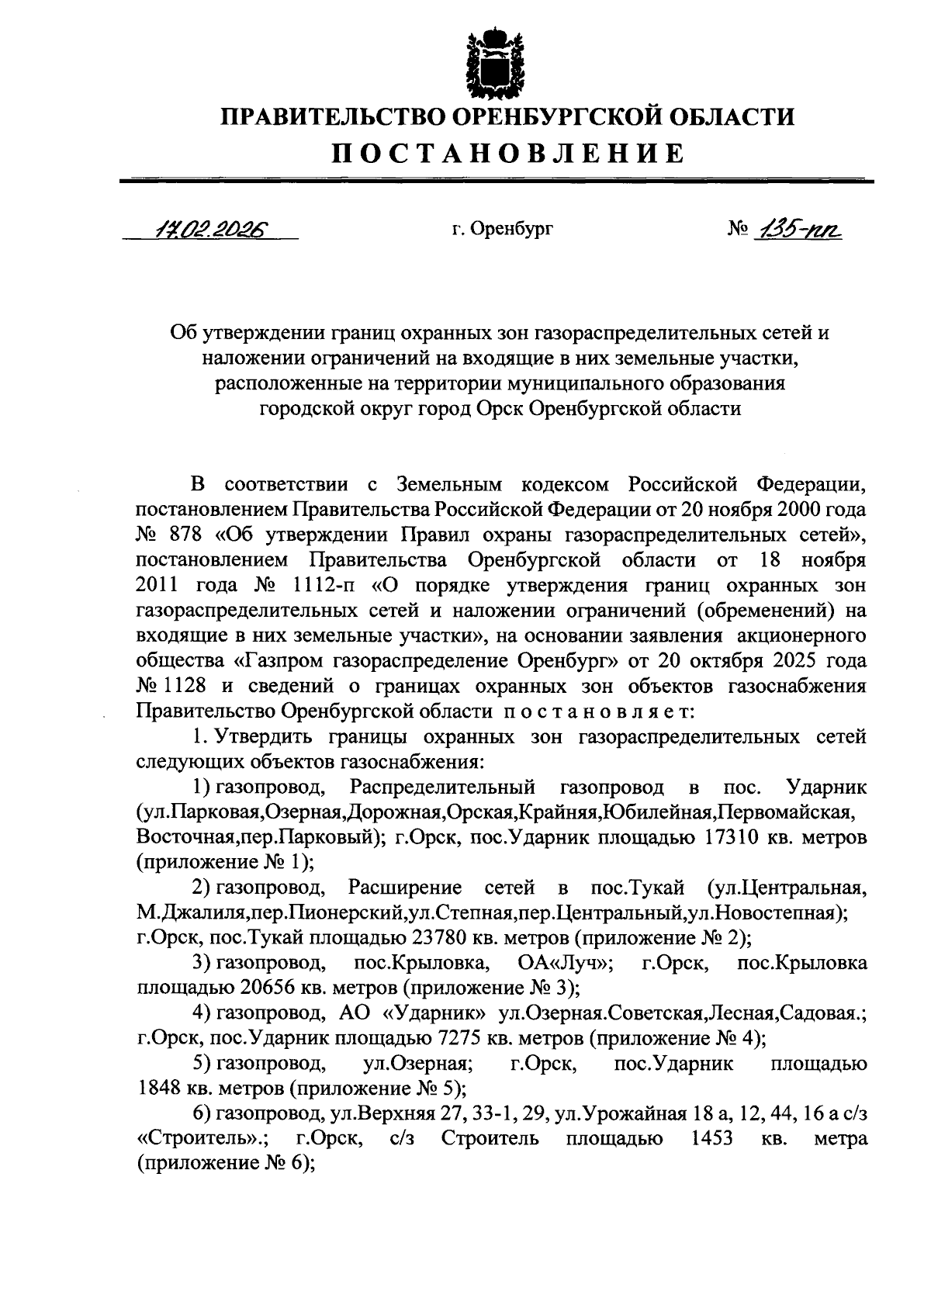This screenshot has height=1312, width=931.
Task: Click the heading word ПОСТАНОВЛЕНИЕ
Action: click(508, 153)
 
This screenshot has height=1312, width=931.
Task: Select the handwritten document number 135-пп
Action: click(798, 230)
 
